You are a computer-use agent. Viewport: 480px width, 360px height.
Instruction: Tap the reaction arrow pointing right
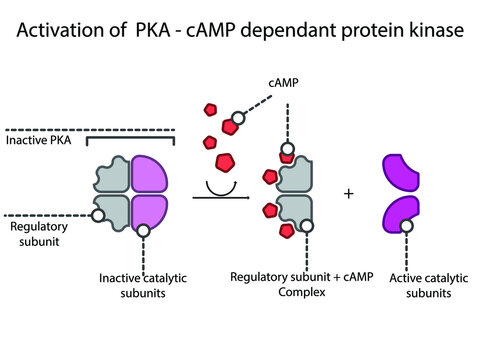pos(220,197)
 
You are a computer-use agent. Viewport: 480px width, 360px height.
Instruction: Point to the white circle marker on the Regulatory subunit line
pos(97,214)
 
